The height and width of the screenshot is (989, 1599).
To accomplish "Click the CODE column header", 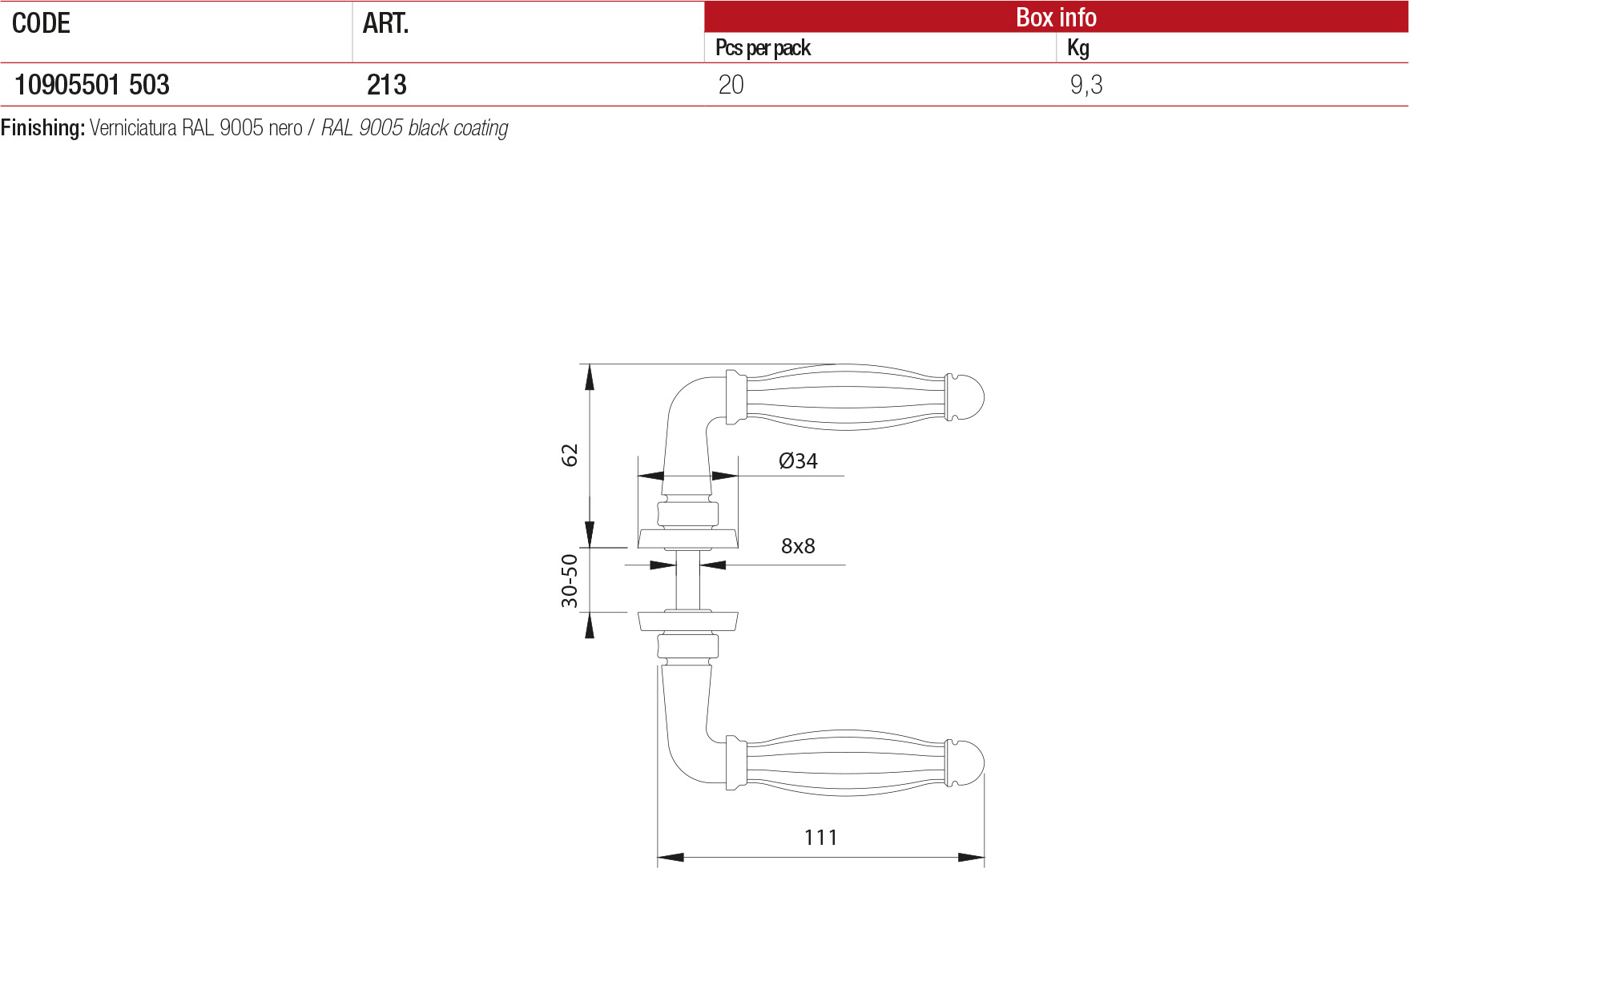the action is click(41, 24).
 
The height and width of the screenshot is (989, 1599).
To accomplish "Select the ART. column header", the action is click(385, 24).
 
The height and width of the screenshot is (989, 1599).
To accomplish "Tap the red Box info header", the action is click(1056, 17).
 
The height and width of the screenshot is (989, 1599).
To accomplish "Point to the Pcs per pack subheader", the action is click(763, 48).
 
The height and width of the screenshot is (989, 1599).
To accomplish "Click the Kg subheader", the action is click(1078, 48).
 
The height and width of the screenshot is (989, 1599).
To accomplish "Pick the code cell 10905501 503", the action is click(92, 85).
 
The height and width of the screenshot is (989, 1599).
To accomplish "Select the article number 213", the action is click(387, 85).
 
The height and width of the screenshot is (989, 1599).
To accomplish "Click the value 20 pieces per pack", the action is click(731, 85).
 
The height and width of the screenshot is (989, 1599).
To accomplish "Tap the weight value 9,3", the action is click(1086, 85).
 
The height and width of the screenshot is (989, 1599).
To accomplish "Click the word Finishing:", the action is click(43, 128).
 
